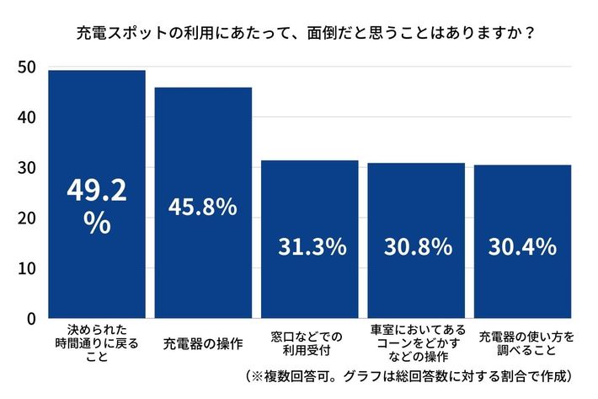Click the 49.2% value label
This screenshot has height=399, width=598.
[x=96, y=208]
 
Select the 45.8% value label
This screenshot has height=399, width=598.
[x=203, y=207]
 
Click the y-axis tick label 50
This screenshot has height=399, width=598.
[x=26, y=67]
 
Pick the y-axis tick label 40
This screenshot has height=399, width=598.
[x=26, y=117]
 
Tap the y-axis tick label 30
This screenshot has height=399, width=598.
[x=26, y=168]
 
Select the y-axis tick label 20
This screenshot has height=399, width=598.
[x=26, y=218]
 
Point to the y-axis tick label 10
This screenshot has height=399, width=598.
[x=26, y=269]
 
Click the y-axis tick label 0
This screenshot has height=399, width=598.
[x=30, y=319]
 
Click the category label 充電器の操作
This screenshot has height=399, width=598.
[x=203, y=344]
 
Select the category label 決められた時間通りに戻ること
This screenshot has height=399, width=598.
[x=96, y=344]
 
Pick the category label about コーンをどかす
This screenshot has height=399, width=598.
[x=416, y=344]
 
